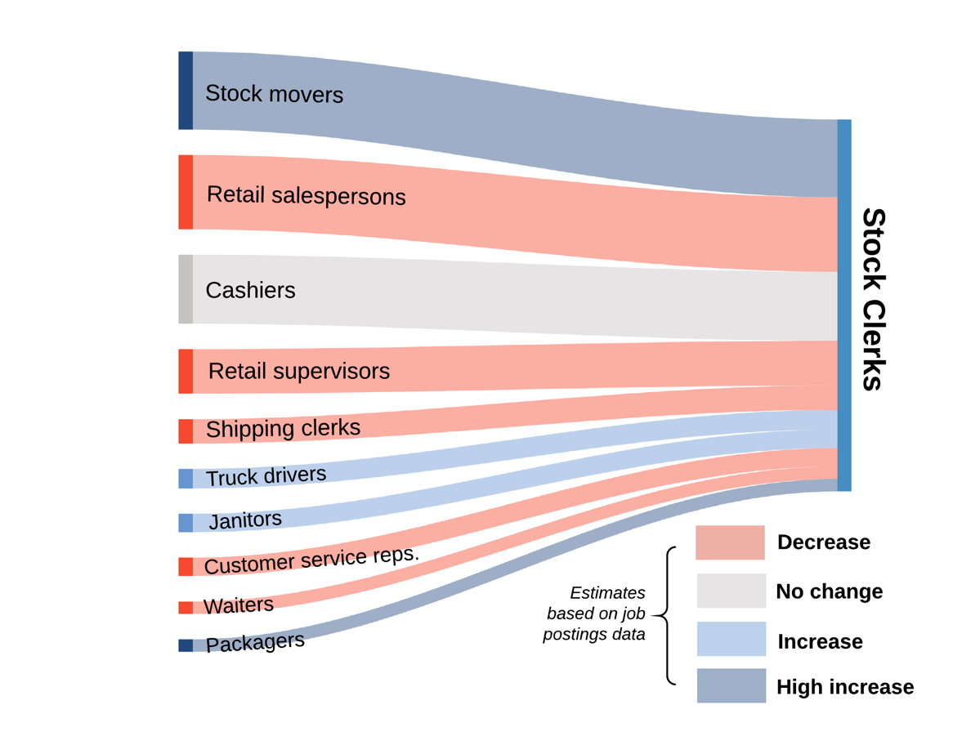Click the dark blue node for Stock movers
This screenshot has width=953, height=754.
tap(186, 91)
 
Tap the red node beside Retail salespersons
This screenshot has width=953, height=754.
tap(186, 192)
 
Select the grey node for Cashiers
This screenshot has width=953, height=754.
tap(186, 289)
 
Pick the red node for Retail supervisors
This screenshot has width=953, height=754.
tap(186, 371)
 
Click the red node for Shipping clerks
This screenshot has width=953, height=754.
tap(186, 431)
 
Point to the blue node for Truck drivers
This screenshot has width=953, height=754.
tap(186, 479)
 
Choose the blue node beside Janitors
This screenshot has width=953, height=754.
tap(186, 523)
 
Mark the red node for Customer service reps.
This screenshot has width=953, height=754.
tap(186, 566)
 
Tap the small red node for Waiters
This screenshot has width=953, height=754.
tap(186, 608)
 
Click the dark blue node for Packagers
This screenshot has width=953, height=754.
tap(186, 645)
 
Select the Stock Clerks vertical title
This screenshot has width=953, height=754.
tap(874, 300)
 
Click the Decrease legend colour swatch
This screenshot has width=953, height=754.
tap(730, 542)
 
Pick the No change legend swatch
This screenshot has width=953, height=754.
tap(731, 591)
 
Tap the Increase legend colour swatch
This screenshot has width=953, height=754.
tap(731, 639)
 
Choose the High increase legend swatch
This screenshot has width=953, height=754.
tap(731, 686)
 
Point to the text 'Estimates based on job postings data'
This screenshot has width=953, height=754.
tap(596, 613)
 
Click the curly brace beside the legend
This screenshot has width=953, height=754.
tap(669, 614)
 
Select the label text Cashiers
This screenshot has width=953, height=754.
tap(250, 290)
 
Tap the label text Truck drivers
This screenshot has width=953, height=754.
tap(266, 475)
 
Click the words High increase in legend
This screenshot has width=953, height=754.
tap(845, 687)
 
